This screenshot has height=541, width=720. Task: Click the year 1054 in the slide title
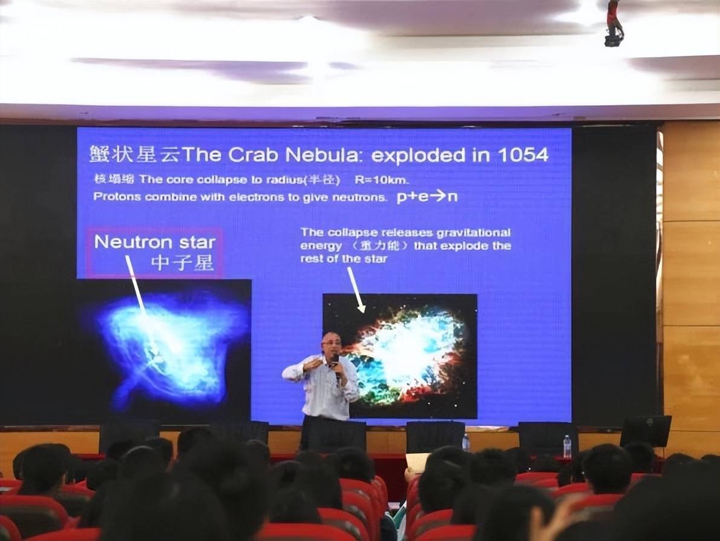point(523,156)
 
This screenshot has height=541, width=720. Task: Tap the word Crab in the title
point(253,156)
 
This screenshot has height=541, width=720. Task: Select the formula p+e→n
point(427,197)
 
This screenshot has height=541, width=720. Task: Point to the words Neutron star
point(155,242)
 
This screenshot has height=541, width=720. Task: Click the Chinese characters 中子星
point(182,263)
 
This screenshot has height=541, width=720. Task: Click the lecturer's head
point(330,343)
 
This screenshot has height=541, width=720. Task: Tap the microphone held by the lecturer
point(336,366)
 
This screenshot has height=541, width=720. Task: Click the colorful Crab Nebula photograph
point(400,356)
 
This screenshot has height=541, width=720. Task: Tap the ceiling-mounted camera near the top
point(614,23)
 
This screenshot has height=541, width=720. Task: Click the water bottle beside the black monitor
point(567,447)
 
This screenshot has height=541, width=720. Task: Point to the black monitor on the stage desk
point(646,431)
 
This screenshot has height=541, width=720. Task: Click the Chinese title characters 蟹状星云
point(134,155)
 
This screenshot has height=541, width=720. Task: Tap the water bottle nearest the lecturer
point(466,442)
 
